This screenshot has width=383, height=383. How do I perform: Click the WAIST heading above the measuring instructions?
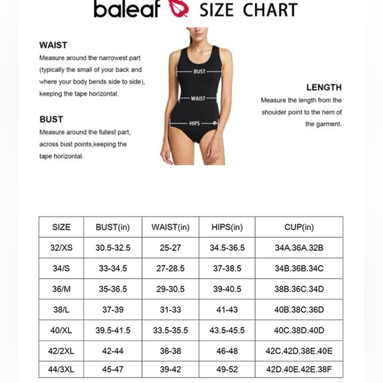53,46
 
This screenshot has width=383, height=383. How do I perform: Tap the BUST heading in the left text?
52,120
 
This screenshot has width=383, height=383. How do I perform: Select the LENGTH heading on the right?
324,87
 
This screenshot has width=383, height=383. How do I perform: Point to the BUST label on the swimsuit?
199,71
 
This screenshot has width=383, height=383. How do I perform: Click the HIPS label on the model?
195,123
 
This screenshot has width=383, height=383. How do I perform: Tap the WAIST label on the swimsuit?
198,98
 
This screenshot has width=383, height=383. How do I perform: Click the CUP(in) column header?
299,227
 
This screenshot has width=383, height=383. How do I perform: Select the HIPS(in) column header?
227,227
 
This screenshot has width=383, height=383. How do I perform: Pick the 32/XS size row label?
61,248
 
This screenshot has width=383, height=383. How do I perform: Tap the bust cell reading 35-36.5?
113,289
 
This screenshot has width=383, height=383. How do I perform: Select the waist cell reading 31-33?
170,310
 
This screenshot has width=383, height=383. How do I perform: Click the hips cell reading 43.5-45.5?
227,330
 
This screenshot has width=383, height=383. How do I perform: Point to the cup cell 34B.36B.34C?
299,269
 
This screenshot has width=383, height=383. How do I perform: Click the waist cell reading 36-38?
170,351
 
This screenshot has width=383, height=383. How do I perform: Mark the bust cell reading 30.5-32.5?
113,248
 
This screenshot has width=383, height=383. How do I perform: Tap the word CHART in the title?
270,9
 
